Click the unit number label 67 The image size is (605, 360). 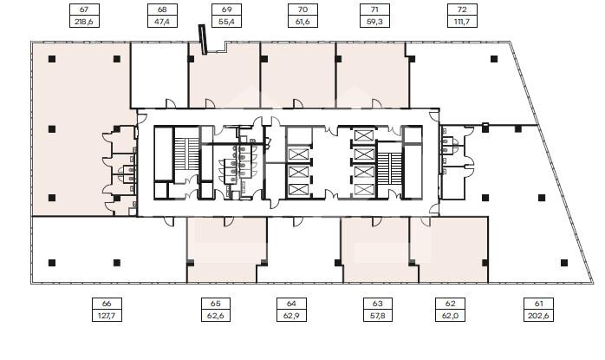pyautogui.click(x=84, y=10)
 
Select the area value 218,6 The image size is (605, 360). pyautogui.click(x=84, y=22)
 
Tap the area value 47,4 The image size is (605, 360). pyautogui.click(x=162, y=22)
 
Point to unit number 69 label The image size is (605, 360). pyautogui.click(x=226, y=10)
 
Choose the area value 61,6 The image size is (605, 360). pyautogui.click(x=302, y=22)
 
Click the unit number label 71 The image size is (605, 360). pyautogui.click(x=374, y=10)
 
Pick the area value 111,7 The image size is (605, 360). pyautogui.click(x=462, y=22)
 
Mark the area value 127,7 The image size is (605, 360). pyautogui.click(x=107, y=316)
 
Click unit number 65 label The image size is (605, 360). pyautogui.click(x=216, y=304)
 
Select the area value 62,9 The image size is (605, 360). pyautogui.click(x=291, y=316)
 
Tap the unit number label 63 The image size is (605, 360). pyautogui.click(x=378, y=304)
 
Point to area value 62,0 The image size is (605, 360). pyautogui.click(x=450, y=316)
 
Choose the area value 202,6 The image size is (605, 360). pyautogui.click(x=538, y=316)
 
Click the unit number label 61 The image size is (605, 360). pyautogui.click(x=538, y=304)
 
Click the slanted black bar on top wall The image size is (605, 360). pyautogui.click(x=203, y=39)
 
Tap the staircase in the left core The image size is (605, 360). pyautogui.click(x=186, y=154)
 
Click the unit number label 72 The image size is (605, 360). pyautogui.click(x=462, y=10)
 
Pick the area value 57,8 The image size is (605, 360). pyautogui.click(x=378, y=316)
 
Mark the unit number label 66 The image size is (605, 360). pyautogui.click(x=107, y=304)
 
